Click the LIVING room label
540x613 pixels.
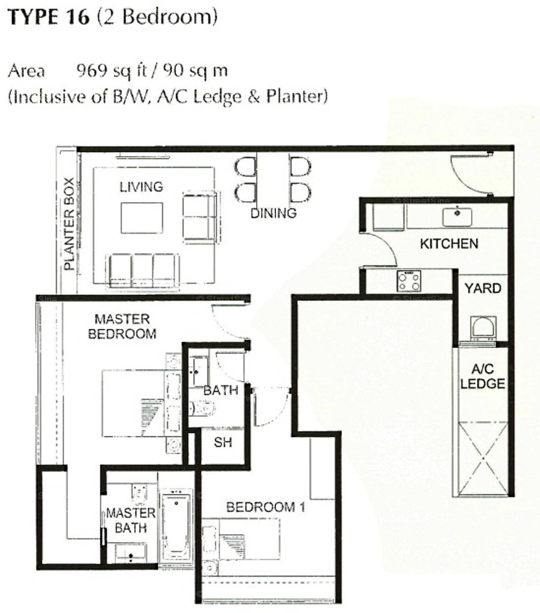[141, 187]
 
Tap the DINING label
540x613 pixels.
[273, 213]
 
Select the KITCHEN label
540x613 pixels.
[449, 244]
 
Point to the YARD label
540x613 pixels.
[482, 288]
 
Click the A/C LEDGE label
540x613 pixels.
[482, 376]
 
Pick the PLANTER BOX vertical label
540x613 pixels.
[69, 224]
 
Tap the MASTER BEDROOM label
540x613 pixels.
[122, 326]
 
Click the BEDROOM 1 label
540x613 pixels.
[266, 507]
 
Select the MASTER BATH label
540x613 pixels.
[131, 521]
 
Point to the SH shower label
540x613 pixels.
[223, 442]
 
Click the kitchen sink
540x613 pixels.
[457, 217]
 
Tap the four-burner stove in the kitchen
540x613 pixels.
[409, 281]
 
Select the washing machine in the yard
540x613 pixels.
[484, 328]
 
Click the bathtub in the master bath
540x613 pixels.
[176, 527]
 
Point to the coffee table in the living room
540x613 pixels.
[142, 218]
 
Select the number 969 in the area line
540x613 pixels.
[92, 70]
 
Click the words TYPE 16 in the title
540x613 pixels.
[49, 17]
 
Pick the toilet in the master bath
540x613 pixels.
[139, 495]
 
